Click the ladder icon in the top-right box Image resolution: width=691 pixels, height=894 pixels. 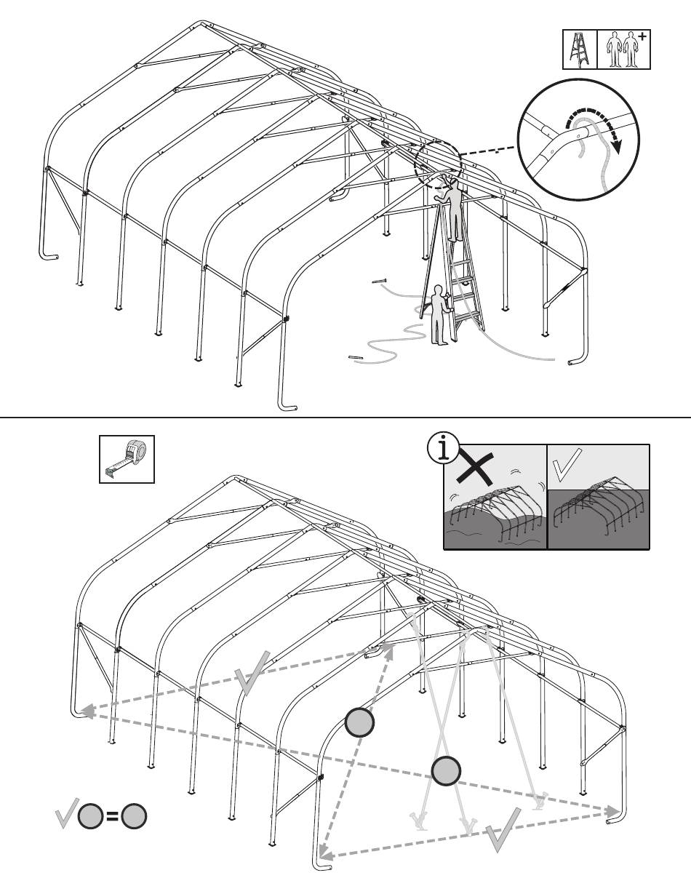tap(580, 49)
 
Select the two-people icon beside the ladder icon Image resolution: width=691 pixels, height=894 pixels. tap(619, 50)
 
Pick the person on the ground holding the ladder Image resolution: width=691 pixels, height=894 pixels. tap(439, 314)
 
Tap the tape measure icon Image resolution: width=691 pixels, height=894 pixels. tap(127, 458)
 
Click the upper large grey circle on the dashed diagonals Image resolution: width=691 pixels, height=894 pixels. tap(359, 722)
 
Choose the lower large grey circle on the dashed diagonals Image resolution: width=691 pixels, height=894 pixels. tap(446, 770)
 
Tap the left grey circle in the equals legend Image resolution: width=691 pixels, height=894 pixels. tap(90, 816)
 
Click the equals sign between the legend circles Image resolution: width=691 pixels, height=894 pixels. tap(113, 816)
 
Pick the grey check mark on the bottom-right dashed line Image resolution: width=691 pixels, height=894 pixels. tap(502, 829)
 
